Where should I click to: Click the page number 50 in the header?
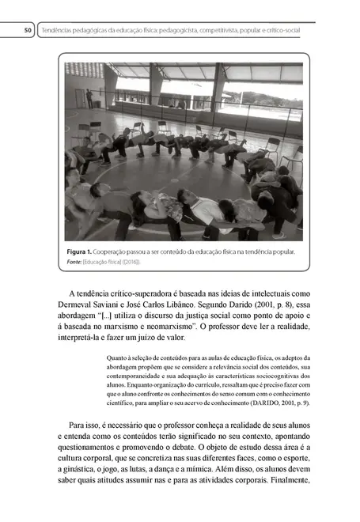(28, 31)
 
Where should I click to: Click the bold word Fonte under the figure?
(75, 262)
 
